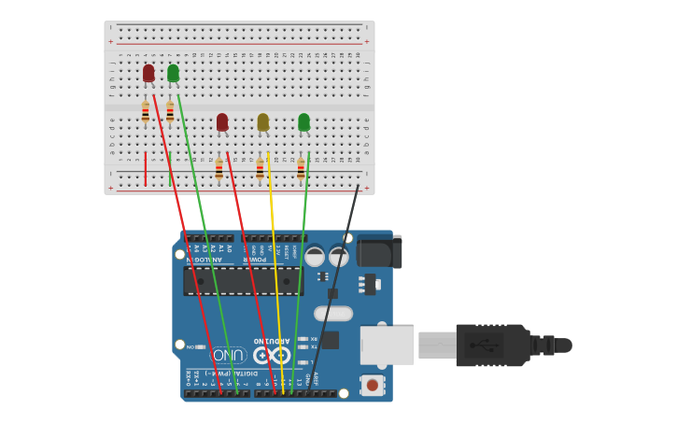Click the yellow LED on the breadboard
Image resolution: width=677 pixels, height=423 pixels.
point(263,122)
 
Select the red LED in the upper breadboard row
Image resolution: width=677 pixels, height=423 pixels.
point(148,73)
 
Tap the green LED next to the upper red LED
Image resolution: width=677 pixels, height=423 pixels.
point(173,73)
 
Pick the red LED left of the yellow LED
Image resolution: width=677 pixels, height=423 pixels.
point(222,122)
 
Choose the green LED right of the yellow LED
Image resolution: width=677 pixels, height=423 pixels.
point(303,122)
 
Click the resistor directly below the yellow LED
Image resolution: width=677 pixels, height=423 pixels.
point(261,169)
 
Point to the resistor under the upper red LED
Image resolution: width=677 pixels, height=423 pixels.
point(146,112)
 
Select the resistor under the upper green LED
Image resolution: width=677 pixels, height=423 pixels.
point(170,112)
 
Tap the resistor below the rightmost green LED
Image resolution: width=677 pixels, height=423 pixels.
point(301,169)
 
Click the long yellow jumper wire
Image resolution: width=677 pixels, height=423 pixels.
point(275,280)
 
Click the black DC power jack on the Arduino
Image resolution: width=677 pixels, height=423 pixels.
point(379,251)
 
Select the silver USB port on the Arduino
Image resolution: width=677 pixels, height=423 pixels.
point(387,345)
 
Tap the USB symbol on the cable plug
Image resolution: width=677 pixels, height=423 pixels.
point(484,345)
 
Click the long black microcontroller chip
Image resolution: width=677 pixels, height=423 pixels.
point(243,281)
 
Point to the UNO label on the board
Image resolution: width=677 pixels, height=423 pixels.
point(229,355)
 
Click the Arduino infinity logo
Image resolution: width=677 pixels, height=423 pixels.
point(271,355)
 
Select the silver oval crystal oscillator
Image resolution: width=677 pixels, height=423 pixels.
point(333,314)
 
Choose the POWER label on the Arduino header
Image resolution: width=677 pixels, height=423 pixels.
point(257,259)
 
